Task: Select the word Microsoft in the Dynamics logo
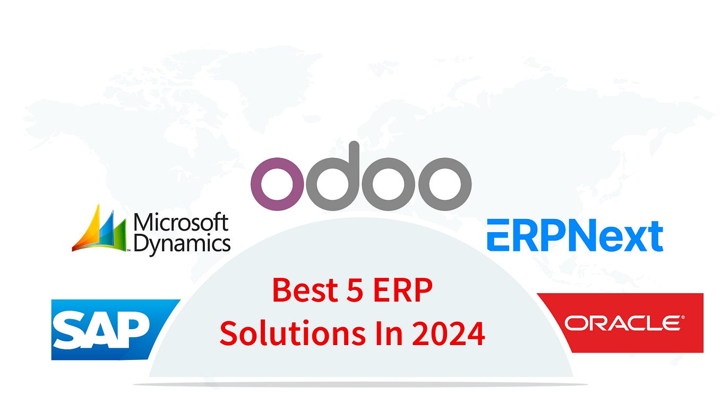coord(181,223)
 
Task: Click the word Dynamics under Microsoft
coord(182,244)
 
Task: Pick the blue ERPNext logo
coord(575,236)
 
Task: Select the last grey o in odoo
coord(444,183)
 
